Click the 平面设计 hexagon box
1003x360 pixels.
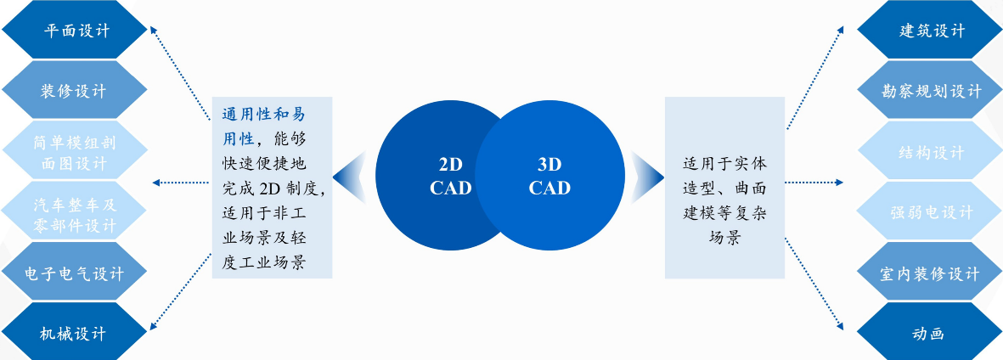[x=75, y=31]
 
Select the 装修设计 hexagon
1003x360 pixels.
[x=75, y=91]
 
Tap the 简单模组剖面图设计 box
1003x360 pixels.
[x=75, y=151]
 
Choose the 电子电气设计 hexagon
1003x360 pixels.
[x=75, y=273]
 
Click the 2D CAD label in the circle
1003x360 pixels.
[x=449, y=177]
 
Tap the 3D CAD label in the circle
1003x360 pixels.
[x=549, y=177]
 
